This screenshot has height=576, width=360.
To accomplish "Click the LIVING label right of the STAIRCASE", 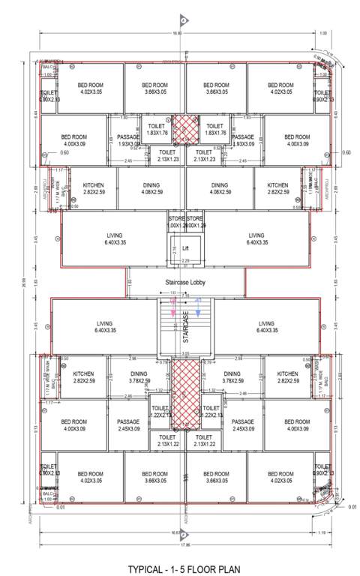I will pos(266,326).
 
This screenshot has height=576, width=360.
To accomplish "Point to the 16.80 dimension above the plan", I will pos(178,34).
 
